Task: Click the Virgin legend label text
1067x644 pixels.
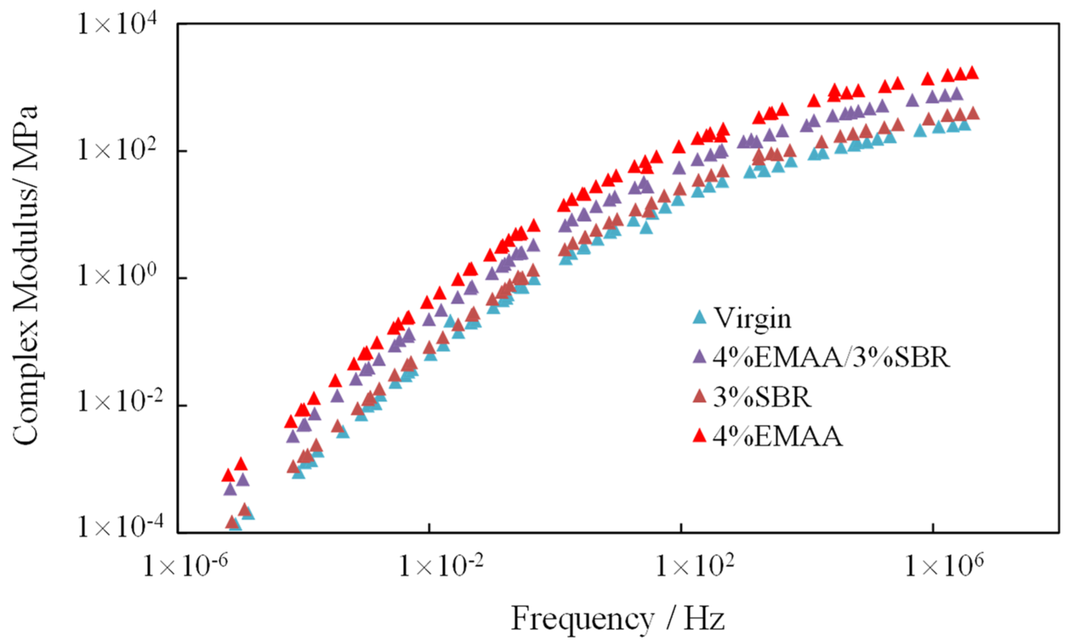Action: click(752, 319)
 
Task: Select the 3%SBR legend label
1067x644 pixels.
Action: click(762, 396)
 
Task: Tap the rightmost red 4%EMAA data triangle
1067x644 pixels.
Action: click(973, 73)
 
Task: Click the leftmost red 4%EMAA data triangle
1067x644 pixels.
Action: click(228, 476)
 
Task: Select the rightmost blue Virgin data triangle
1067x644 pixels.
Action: click(965, 124)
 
